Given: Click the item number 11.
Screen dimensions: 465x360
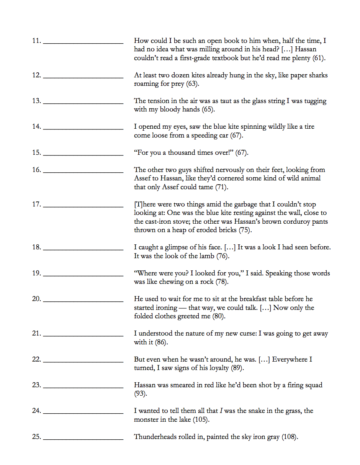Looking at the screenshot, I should click(36, 41).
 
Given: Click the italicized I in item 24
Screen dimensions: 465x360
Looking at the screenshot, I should click(221, 411).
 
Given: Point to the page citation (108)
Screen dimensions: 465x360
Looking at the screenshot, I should click(289, 437).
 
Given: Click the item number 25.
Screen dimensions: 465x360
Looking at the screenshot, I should click(36, 437).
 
